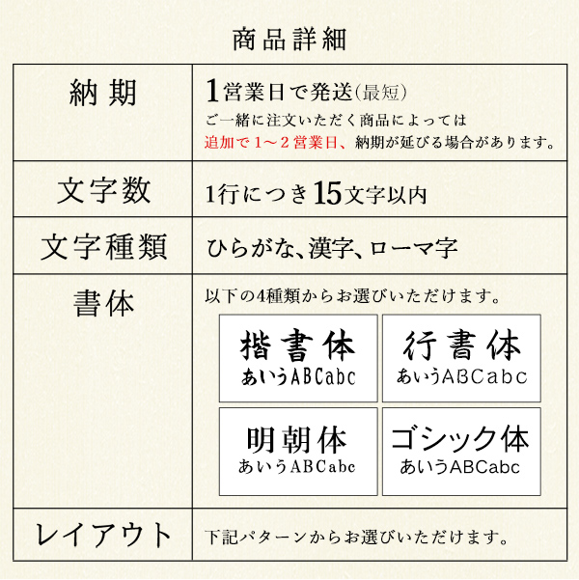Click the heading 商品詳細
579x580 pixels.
pos(289,40)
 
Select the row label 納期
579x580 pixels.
pos(103,93)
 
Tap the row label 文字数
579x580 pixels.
pos(103,190)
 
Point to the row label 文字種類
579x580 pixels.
pos(103,247)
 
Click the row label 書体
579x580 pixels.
pos(103,303)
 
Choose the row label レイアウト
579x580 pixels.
pos(103,535)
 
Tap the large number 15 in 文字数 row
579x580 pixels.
pos(327,193)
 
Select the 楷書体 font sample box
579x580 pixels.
pos(298,358)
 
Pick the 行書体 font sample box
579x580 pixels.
pos(461,358)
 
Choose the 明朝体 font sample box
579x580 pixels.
pos(298,452)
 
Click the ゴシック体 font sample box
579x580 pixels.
pos(461,452)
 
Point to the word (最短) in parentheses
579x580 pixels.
pos(381,93)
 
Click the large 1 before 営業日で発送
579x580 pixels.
pos(212,91)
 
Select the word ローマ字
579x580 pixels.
pos(413,248)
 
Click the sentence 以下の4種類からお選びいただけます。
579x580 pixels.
pos(352,296)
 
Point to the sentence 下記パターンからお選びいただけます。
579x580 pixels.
pos(356,538)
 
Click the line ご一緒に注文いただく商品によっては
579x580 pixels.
pos(336,121)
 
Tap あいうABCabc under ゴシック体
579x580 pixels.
pos(460,467)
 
